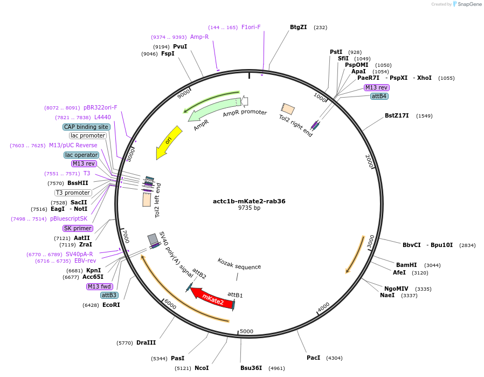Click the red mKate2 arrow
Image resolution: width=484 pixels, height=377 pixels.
(x=212, y=298)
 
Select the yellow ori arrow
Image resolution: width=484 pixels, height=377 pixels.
(x=168, y=142)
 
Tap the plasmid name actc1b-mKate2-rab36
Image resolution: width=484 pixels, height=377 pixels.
(x=249, y=201)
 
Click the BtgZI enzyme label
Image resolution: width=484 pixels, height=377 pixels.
(x=298, y=27)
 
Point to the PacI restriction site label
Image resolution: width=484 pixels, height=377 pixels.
(x=313, y=358)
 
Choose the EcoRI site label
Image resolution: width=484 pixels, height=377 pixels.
(x=111, y=305)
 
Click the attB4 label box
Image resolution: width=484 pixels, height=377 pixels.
(x=379, y=96)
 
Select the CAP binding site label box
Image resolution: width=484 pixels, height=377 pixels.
(x=86, y=127)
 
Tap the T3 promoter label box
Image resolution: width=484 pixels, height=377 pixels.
(x=73, y=193)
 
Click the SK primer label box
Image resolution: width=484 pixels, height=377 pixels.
(x=78, y=228)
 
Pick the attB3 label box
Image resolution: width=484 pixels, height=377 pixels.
(x=109, y=295)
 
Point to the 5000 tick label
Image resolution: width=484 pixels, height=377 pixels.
(x=246, y=331)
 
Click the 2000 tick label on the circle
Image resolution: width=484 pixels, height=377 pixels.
(x=370, y=160)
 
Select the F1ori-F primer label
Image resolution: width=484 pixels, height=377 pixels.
(x=251, y=27)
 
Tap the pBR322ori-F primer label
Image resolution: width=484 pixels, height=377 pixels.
(x=100, y=107)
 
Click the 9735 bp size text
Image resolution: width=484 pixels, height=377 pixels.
(x=249, y=208)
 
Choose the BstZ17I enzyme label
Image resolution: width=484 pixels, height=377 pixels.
(x=397, y=115)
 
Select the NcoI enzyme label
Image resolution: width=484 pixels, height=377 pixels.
(x=202, y=368)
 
